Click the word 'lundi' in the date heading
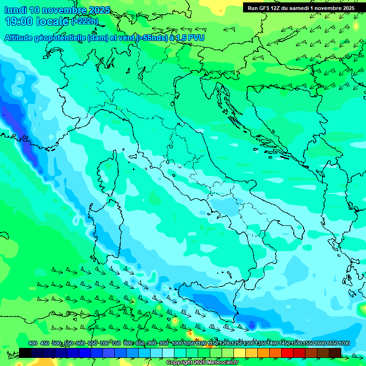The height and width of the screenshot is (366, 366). (15, 10)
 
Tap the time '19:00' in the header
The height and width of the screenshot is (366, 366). (20, 21)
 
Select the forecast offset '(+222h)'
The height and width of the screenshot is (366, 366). (85, 21)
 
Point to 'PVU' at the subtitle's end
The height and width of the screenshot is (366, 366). (195, 38)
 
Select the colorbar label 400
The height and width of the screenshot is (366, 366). (33, 344)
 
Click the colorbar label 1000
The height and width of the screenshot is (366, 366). (177, 344)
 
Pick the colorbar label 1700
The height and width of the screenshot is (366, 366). (344, 344)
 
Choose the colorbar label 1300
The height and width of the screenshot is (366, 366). (249, 344)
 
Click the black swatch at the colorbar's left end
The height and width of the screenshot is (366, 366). (25, 353)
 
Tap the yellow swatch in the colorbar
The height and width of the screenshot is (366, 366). (240, 353)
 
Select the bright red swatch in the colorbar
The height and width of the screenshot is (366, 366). (287, 353)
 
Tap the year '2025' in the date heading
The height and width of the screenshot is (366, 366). (99, 10)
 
